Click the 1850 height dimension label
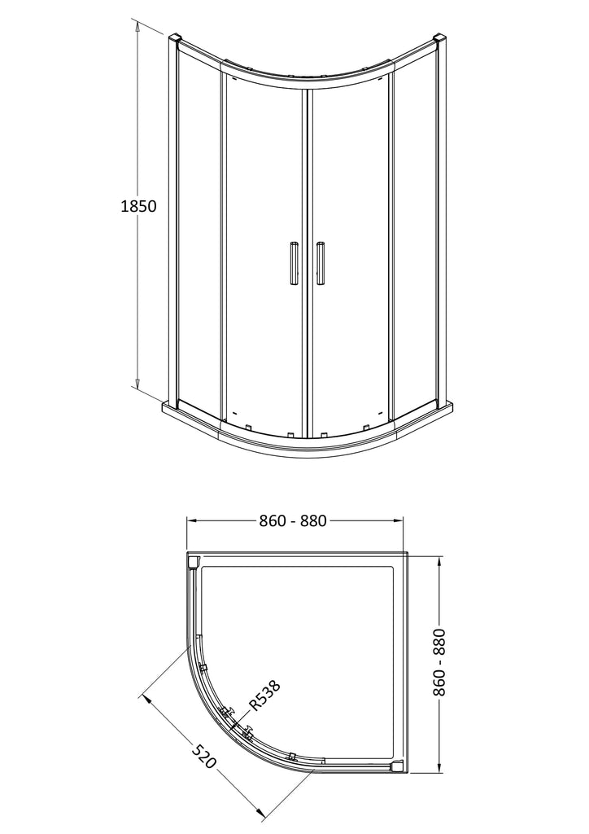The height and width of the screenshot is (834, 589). click(x=138, y=206)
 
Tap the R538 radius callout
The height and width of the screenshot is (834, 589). click(x=264, y=696)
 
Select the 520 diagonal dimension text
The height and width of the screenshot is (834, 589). click(x=204, y=757)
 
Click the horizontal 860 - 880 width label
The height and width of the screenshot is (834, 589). click(x=293, y=520)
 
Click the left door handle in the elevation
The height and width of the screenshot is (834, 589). click(x=294, y=263)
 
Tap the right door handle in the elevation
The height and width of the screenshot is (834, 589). click(x=321, y=263)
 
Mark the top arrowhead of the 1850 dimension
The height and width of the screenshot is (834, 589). click(x=137, y=26)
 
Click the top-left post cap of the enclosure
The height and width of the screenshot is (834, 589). click(x=175, y=38)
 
